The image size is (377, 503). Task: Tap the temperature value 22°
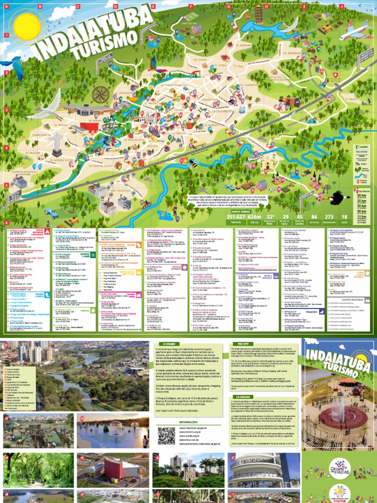pyautogui.click(x=284, y=217)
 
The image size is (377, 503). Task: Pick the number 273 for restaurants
pyautogui.click(x=329, y=217)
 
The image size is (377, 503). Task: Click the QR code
pyautogui.click(x=166, y=435)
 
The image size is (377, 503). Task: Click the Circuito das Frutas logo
pyautogui.click(x=339, y=465)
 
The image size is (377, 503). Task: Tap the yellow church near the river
pyautogui.click(x=268, y=161)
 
